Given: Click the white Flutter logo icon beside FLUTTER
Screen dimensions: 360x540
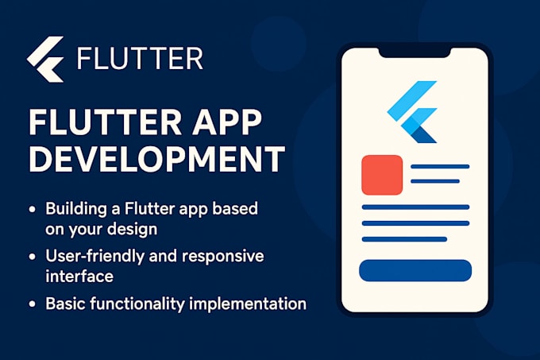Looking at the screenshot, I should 45,59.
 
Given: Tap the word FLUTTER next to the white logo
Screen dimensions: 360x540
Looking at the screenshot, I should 140,60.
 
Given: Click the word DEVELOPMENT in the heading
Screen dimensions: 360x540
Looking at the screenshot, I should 156,160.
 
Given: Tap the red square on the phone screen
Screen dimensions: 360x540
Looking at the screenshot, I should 382,175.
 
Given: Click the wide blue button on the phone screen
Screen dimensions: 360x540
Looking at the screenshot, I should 415,270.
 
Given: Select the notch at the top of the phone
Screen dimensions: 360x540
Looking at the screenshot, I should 415,53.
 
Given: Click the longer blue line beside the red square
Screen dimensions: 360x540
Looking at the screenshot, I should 439,167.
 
